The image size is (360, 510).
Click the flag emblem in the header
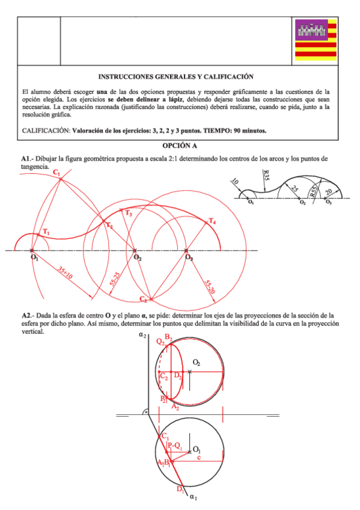point(315,39)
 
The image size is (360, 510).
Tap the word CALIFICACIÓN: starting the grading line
point(46,130)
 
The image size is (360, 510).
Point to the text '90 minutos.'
point(249,130)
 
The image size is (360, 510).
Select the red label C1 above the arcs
point(56,173)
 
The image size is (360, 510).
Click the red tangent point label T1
point(46,232)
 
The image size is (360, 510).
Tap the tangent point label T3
point(128,213)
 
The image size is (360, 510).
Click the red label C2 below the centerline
point(143,299)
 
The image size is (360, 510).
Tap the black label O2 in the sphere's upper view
point(197,362)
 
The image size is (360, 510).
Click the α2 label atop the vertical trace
point(142,334)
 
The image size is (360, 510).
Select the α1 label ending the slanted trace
point(194,497)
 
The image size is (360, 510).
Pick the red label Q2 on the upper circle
point(160,342)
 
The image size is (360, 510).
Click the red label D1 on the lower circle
point(180,489)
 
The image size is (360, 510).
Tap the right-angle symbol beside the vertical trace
point(145,412)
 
